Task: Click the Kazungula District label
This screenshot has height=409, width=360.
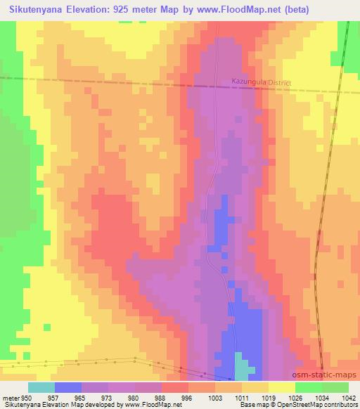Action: tap(261, 82)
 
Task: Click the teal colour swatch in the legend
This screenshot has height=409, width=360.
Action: tap(41, 387)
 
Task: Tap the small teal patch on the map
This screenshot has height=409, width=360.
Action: tap(243, 370)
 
